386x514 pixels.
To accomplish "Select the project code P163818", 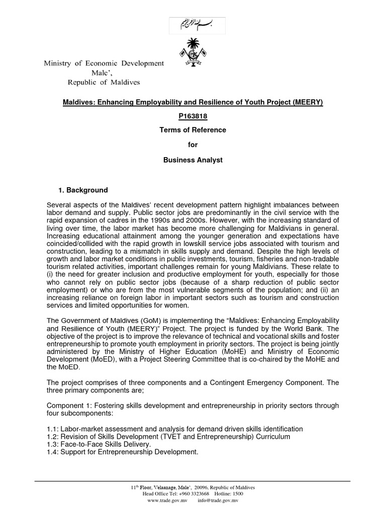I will click(x=192, y=116).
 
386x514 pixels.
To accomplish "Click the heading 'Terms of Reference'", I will click(x=192, y=130).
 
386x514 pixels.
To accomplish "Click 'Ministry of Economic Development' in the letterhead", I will click(x=104, y=63).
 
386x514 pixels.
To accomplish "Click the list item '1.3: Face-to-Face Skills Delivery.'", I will click(x=98, y=444).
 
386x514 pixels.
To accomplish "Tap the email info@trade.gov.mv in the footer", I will click(x=218, y=500).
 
